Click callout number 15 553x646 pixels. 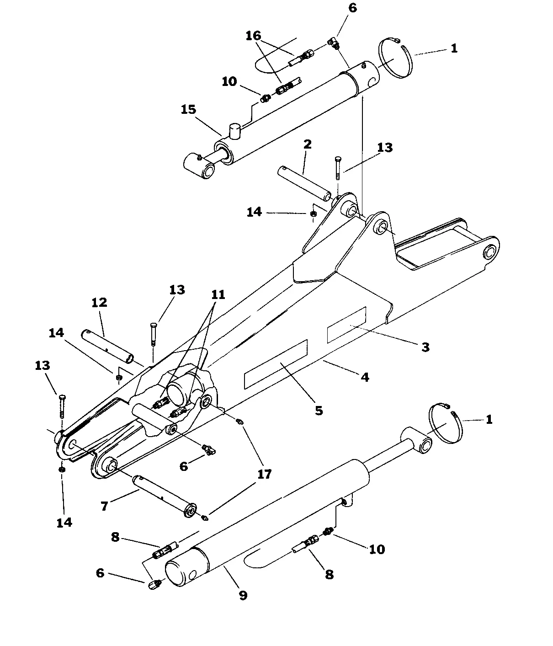click(188, 110)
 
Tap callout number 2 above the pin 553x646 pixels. click(307, 144)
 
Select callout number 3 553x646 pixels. click(425, 347)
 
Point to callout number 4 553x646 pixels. click(365, 377)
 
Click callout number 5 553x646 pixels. click(319, 410)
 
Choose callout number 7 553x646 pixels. click(104, 506)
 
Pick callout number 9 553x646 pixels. click(243, 595)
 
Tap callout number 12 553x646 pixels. click(99, 302)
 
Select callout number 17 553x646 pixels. click(264, 474)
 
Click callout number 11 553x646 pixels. click(218, 294)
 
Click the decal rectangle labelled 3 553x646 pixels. click(346, 325)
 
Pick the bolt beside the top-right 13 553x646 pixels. click(337, 167)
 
